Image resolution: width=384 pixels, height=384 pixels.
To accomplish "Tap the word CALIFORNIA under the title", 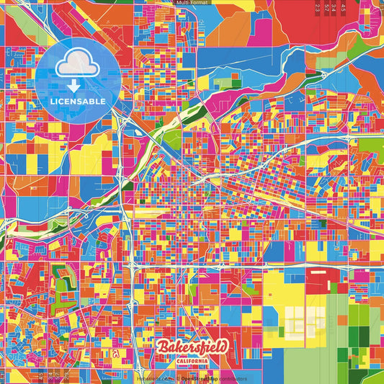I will pyautogui.click(x=192, y=361).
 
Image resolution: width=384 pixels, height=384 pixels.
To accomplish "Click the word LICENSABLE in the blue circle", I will pyautogui.click(x=78, y=100).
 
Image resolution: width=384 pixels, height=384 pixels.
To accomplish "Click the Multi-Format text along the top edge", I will pyautogui.click(x=192, y=3).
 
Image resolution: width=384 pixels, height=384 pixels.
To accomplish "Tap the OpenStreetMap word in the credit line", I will pyautogui.click(x=200, y=378).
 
